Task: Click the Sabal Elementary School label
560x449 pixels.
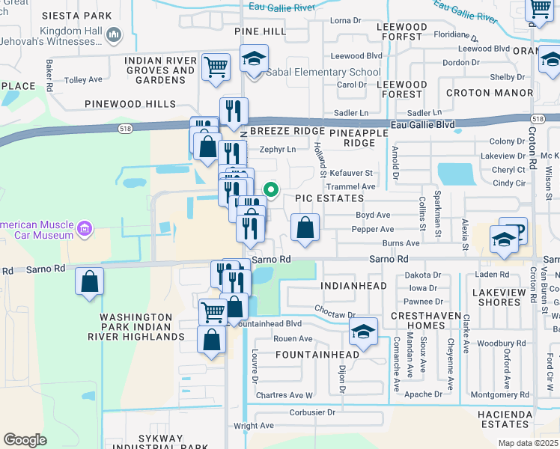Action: (x=327, y=72)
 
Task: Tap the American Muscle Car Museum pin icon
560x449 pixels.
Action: (x=84, y=229)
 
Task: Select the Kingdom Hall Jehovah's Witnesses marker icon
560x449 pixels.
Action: (x=115, y=34)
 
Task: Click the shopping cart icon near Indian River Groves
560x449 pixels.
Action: (x=216, y=67)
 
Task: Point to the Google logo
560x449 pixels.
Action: (x=25, y=440)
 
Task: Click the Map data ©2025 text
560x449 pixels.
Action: (x=527, y=443)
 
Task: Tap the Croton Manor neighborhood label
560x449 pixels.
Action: (x=489, y=94)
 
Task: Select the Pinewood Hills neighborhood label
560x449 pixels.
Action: (x=130, y=104)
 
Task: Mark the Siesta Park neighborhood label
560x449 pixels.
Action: (x=72, y=16)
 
